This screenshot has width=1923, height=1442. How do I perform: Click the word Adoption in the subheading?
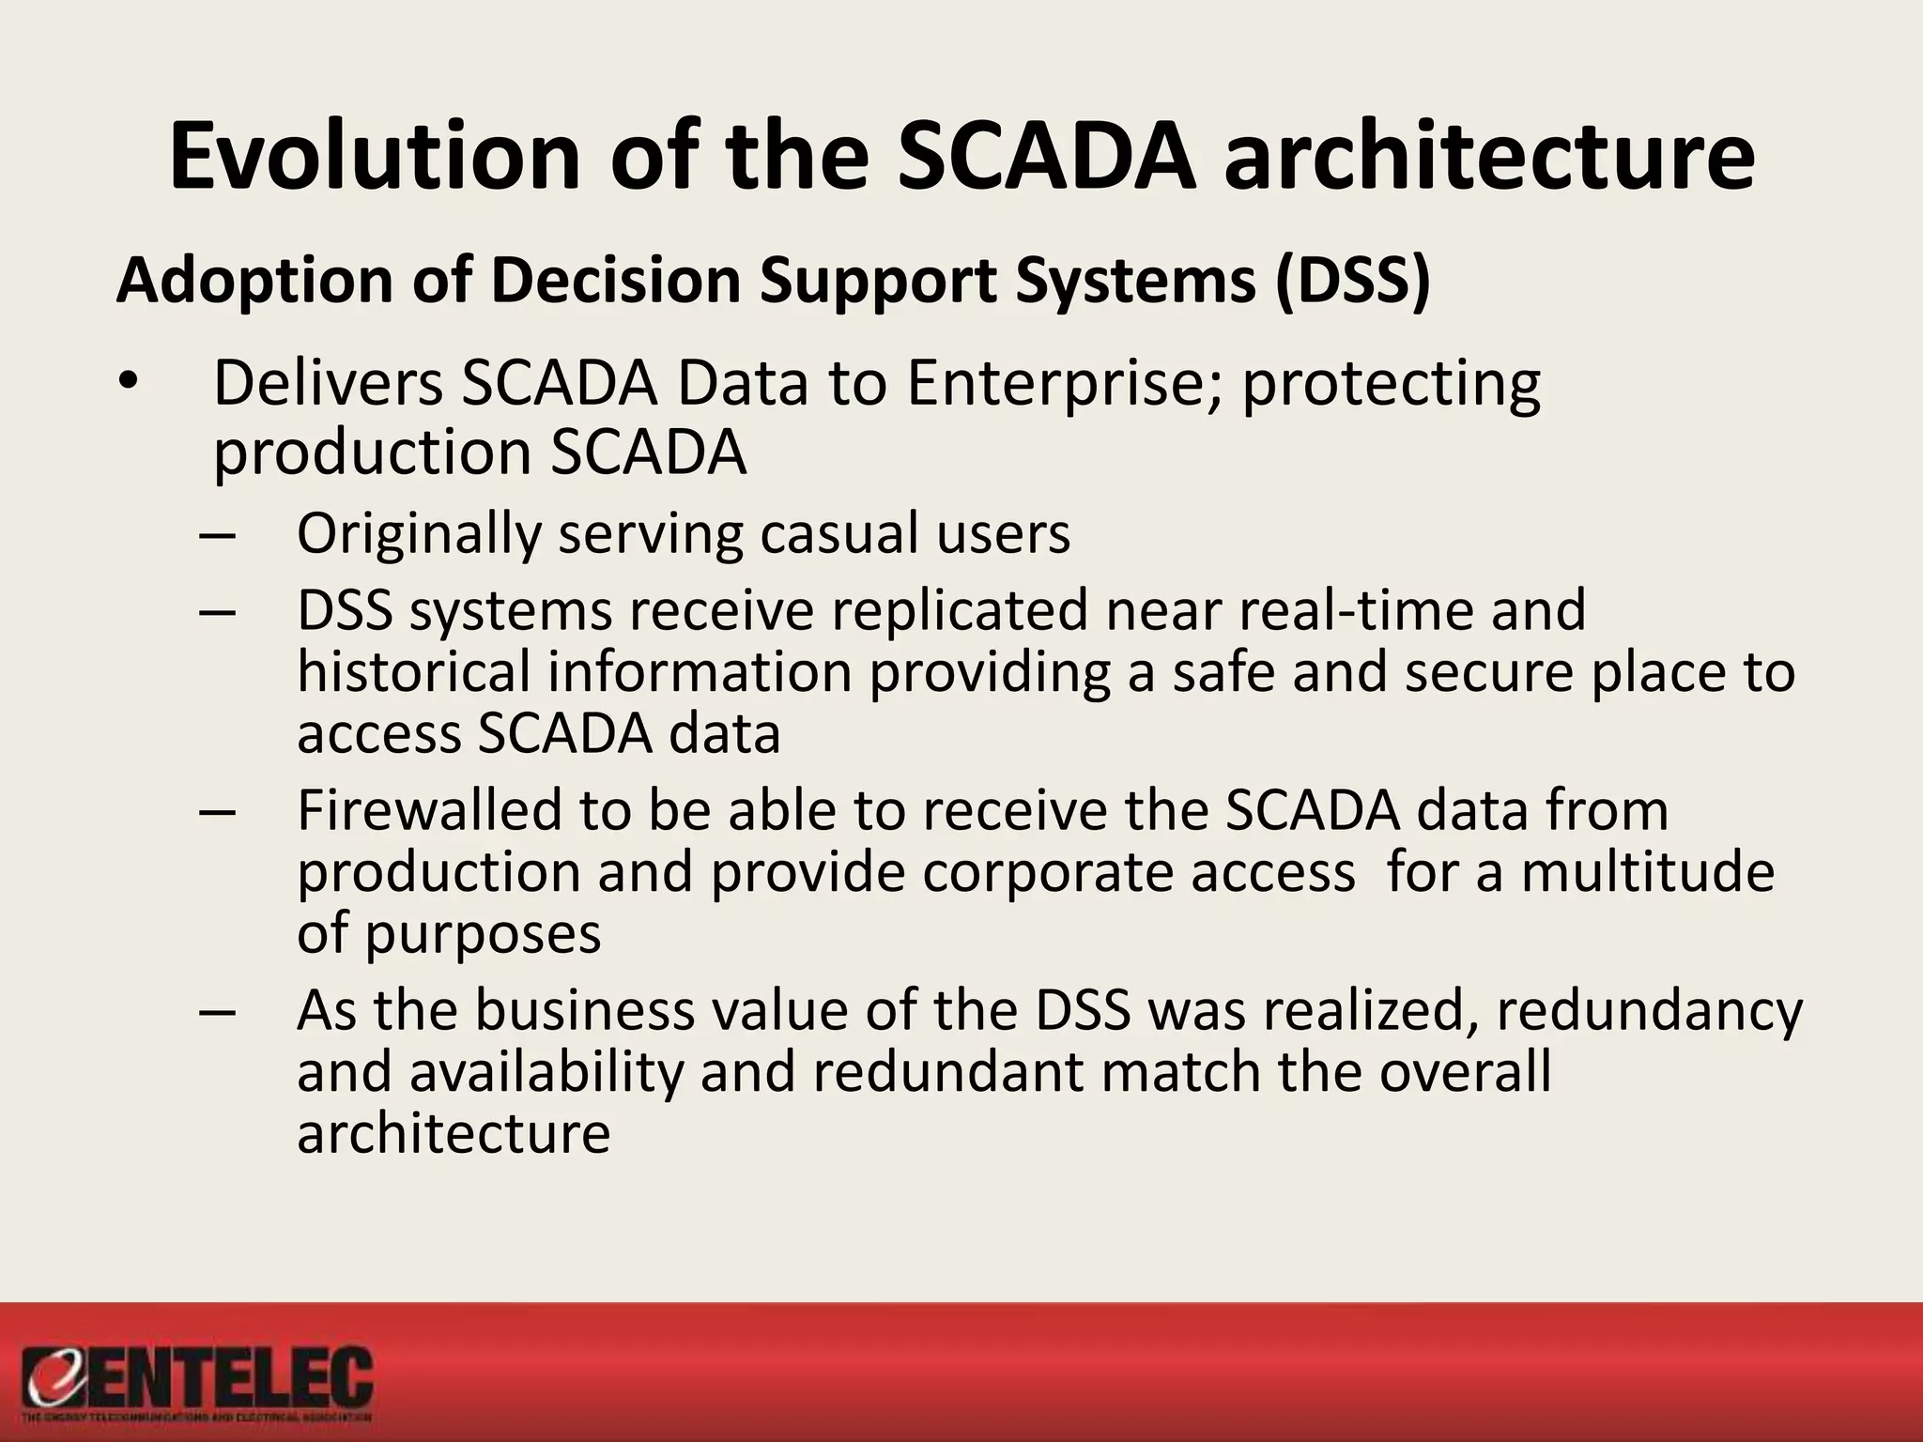pos(254,282)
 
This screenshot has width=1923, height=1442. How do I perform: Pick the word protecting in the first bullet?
pos(1391,385)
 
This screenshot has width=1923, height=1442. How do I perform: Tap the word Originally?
pos(419,535)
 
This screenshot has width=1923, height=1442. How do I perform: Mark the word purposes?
pos(483,935)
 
